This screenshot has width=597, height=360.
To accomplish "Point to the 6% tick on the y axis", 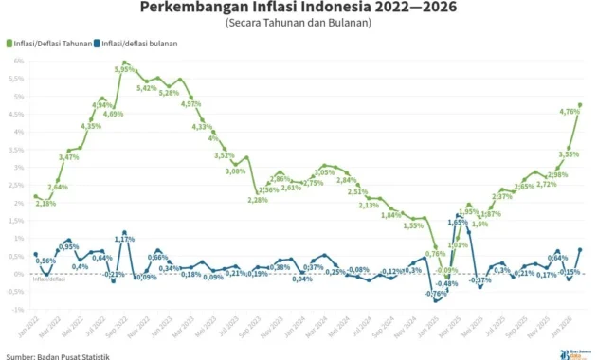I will [18, 61].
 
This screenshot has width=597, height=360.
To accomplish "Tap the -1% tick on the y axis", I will [16, 309].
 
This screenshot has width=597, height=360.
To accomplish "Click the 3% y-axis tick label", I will [18, 167].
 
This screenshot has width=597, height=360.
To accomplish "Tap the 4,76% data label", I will [570, 112].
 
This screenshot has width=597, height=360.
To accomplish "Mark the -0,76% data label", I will [436, 294].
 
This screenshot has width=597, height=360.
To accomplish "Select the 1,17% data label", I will [124, 237].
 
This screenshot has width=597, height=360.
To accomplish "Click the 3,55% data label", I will [569, 153].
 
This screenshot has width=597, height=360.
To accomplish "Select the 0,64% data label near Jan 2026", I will [558, 258].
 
